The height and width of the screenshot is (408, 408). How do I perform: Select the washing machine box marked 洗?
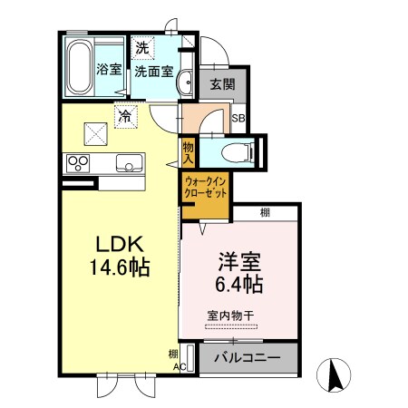pyautogui.click(x=144, y=46)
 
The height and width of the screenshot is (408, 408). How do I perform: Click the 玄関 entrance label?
pyautogui.click(x=222, y=85)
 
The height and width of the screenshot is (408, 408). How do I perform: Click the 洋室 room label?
pyautogui.click(x=240, y=263)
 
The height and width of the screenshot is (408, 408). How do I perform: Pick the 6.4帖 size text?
pyautogui.click(x=240, y=285)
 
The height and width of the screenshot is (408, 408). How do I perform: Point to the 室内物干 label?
pyautogui.click(x=230, y=315)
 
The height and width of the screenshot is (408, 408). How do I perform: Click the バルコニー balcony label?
pyautogui.click(x=246, y=357)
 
